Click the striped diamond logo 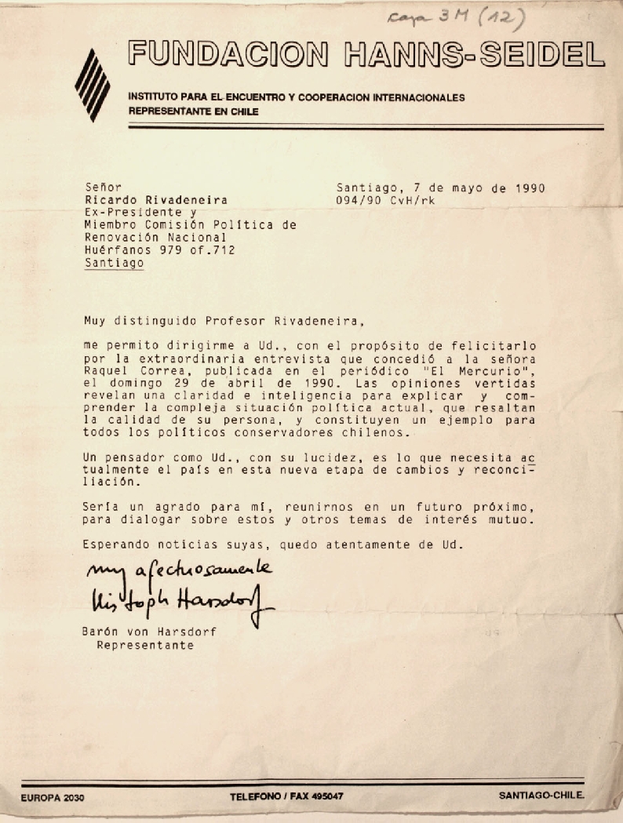point(92,84)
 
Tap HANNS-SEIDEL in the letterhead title point(474,54)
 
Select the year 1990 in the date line point(529,188)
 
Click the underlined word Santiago point(114,264)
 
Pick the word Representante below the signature point(144,645)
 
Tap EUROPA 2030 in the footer point(53,797)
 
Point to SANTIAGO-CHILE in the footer point(542,796)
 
